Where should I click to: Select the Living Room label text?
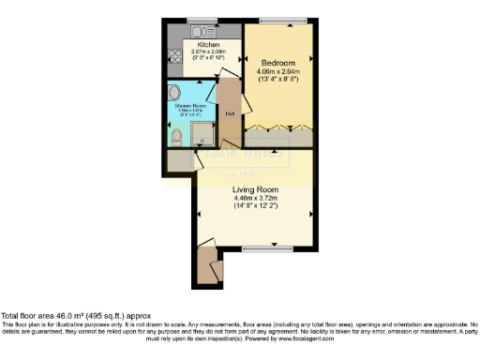click(255, 189)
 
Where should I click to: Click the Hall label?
click(231, 115)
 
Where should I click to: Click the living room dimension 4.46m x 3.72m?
click(256, 198)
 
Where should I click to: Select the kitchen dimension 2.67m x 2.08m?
click(207, 52)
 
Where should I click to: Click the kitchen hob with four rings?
click(175, 63)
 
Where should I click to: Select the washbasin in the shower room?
click(175, 94)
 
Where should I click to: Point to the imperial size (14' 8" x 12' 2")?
click(256, 206)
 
